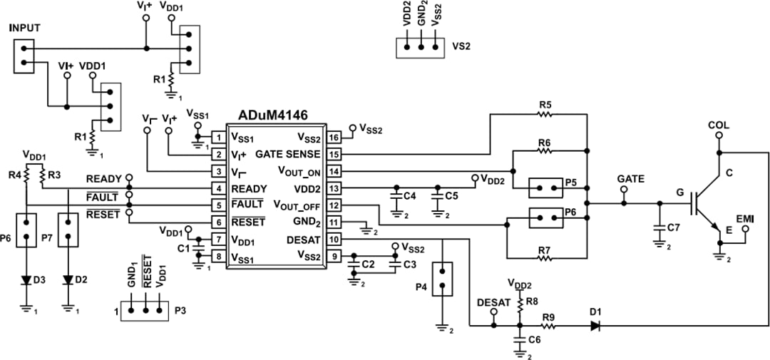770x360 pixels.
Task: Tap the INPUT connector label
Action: pyautogui.click(x=25, y=28)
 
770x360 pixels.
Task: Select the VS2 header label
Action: pyautogui.click(x=461, y=48)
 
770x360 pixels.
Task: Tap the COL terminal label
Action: pyautogui.click(x=719, y=125)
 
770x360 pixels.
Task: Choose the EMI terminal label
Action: pyautogui.click(x=744, y=216)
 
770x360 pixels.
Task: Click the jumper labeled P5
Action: pyautogui.click(x=546, y=190)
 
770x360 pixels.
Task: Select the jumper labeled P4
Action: pyautogui.click(x=443, y=279)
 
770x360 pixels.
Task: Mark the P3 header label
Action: pyautogui.click(x=181, y=312)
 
